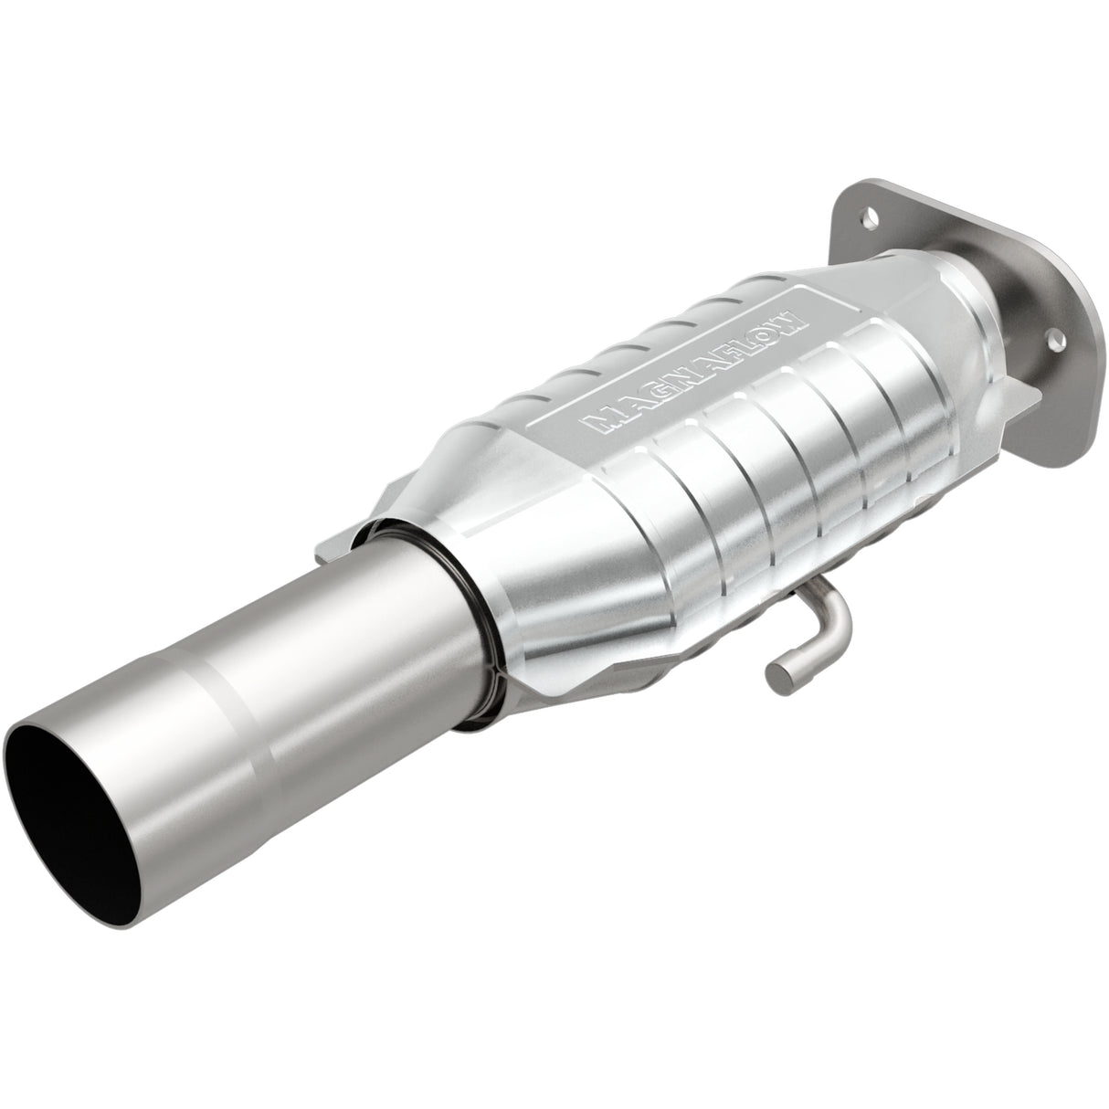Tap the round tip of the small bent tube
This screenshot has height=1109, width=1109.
tap(776, 672)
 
